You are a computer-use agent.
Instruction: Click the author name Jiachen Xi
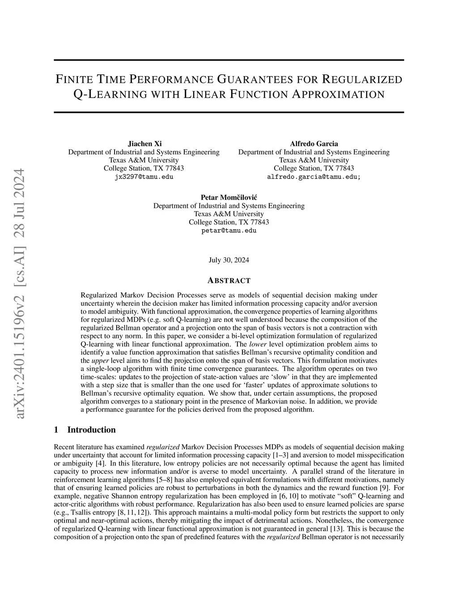tap(144, 144)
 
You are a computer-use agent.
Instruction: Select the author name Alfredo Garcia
tap(314, 144)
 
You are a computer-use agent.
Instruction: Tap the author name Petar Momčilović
tap(229, 197)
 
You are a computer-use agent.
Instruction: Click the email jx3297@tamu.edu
tap(144, 176)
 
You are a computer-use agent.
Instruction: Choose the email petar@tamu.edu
tap(229, 230)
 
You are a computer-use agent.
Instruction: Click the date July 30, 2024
tap(229, 260)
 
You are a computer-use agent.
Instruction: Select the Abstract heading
tap(229, 281)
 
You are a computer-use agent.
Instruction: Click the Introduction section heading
tap(91, 430)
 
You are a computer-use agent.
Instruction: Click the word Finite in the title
tap(71, 80)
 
